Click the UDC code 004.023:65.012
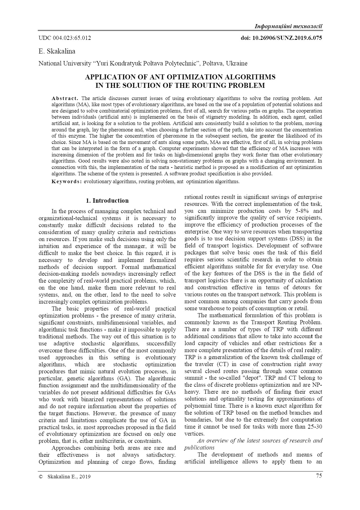click(x=65, y=38)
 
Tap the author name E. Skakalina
click(x=57, y=51)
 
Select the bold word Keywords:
click(x=67, y=181)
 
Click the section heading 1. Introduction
click(x=107, y=201)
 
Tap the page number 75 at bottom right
click(x=319, y=476)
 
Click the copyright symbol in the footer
click(x=41, y=476)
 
